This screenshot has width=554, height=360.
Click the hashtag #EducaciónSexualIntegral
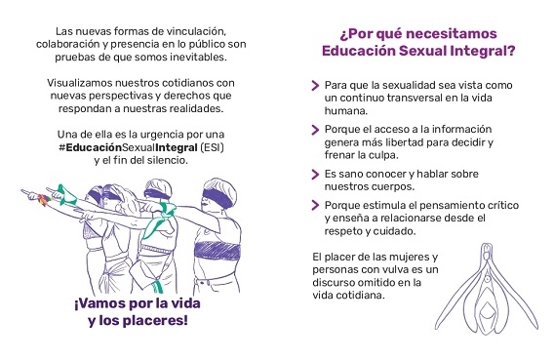128,147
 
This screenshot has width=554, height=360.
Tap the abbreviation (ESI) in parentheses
213,147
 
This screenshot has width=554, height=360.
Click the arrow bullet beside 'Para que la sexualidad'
315,85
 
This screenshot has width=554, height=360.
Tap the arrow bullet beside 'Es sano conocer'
315,174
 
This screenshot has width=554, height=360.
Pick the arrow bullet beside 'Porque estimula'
315,205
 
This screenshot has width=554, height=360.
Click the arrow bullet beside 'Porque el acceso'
315,130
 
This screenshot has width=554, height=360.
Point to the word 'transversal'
415,98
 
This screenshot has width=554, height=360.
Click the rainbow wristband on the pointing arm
44,199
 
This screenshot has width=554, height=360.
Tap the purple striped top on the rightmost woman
217,251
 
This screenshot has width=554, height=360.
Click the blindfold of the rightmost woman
218,197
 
